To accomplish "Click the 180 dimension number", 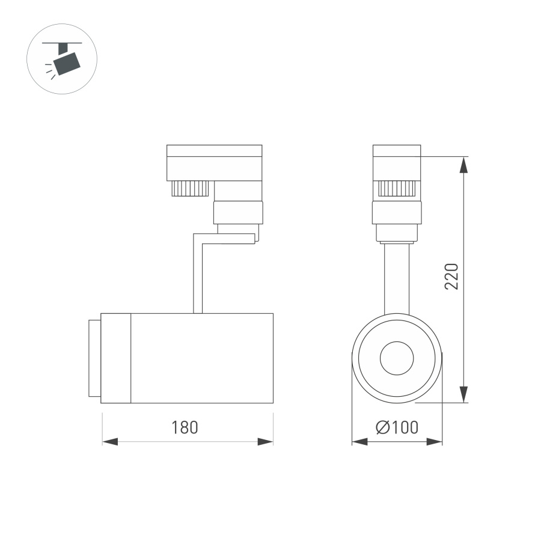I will [x=185, y=427].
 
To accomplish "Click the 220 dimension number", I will [x=451, y=276].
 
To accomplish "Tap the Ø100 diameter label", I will [x=397, y=427].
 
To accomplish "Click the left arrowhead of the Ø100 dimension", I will [x=359, y=442].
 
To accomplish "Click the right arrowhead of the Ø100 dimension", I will [x=435, y=442].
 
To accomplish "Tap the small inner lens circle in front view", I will [x=397, y=359].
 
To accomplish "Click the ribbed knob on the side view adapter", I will [x=190, y=188].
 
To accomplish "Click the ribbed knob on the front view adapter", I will [x=397, y=189].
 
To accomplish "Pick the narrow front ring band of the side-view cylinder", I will [x=116, y=358].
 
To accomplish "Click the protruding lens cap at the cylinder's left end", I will [x=94, y=358].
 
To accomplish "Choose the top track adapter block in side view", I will [x=215, y=162].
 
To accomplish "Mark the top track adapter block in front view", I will [x=397, y=162].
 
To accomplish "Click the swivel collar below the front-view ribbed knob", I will [x=397, y=212].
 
